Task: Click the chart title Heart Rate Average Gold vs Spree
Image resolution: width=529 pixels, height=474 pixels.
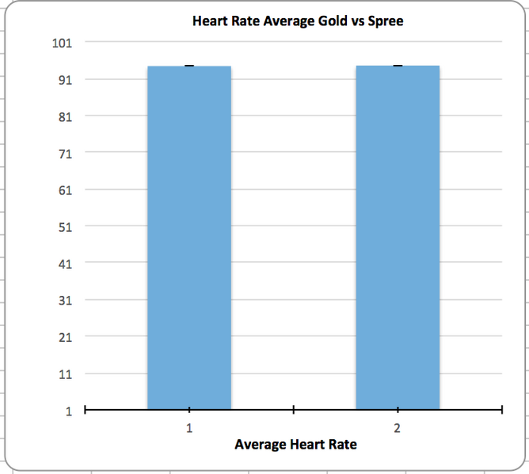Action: click(x=298, y=21)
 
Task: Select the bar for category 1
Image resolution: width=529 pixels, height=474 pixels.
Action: click(x=188, y=237)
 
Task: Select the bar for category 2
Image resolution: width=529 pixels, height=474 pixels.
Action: click(x=398, y=237)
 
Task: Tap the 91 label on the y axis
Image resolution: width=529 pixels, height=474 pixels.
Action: click(x=63, y=79)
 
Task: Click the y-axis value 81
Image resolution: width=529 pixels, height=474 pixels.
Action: click(x=63, y=116)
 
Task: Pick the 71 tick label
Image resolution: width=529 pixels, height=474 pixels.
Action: click(x=63, y=153)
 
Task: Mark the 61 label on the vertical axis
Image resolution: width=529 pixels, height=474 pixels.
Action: click(x=63, y=190)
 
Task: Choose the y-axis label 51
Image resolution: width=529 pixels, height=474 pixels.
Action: click(x=63, y=226)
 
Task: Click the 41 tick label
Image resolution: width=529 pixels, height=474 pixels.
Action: click(x=63, y=264)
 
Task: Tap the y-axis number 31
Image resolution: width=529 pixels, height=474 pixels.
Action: click(x=63, y=300)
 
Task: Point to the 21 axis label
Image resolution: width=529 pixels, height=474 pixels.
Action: click(x=63, y=337)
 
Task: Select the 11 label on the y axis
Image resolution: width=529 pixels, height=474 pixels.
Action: click(x=63, y=374)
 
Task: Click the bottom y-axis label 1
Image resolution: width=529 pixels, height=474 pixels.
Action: click(x=68, y=411)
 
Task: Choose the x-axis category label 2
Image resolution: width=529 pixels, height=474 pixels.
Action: click(x=398, y=427)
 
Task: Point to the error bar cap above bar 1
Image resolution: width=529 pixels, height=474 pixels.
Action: click(x=188, y=66)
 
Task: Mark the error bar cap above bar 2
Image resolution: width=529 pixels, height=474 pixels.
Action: click(x=398, y=66)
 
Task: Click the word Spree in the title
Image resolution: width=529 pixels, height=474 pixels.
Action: click(x=386, y=21)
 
